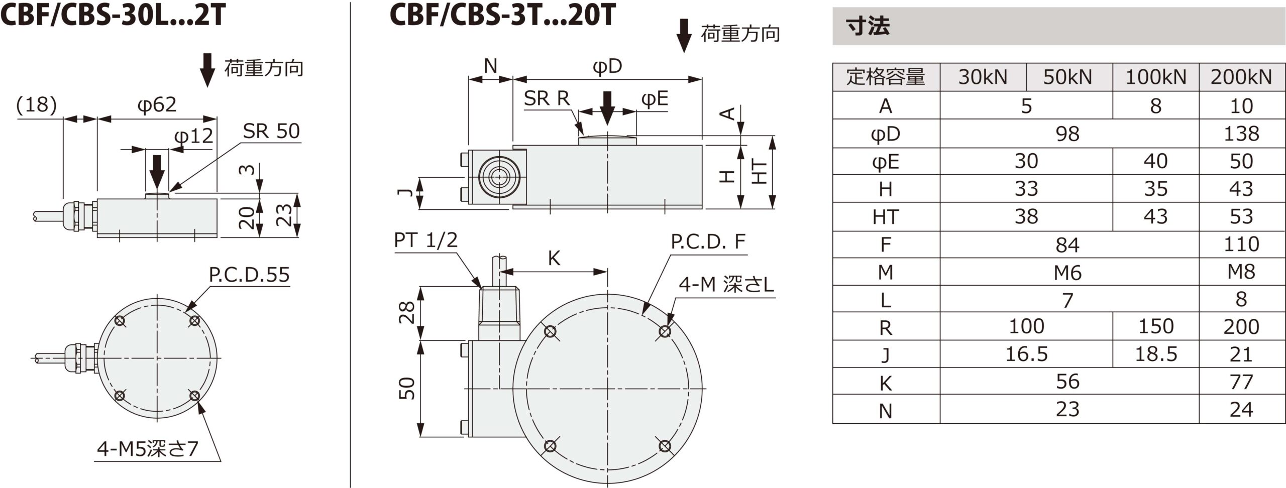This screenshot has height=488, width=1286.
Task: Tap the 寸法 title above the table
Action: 868,26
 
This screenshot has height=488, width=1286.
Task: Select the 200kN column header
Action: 1241,77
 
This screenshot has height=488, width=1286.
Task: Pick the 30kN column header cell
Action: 983,77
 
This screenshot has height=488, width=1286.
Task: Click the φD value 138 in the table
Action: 1241,134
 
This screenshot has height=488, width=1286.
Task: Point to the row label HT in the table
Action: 886,217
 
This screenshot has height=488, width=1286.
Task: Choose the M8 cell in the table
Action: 1241,272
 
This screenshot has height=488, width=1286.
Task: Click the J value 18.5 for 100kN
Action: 1155,354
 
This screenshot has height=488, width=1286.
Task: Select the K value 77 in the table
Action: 1241,382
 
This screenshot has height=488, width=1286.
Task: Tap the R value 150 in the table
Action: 1155,327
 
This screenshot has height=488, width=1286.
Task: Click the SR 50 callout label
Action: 271,132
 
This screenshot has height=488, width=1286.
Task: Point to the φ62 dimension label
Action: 157,105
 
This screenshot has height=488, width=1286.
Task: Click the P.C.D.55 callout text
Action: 249,275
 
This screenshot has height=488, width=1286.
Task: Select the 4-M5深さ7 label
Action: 148,449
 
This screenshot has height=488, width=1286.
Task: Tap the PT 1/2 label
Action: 425,240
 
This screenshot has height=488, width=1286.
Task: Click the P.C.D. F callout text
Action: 708,242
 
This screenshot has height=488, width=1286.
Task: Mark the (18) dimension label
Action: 36,105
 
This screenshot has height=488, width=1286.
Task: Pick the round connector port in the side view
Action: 498,177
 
